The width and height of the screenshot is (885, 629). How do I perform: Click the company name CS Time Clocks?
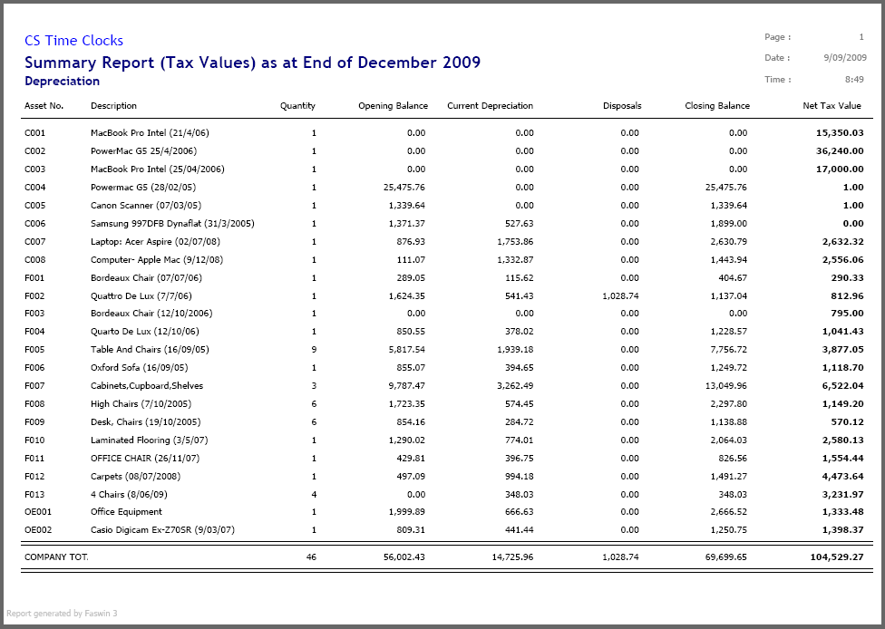[x=74, y=41]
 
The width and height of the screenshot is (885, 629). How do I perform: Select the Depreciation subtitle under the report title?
[x=62, y=82]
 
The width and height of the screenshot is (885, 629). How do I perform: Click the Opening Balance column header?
[x=393, y=105]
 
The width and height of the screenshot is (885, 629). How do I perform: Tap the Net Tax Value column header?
[x=832, y=105]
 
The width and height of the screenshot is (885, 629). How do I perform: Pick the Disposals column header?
[x=622, y=105]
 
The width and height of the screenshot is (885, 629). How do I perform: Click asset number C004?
[x=35, y=188]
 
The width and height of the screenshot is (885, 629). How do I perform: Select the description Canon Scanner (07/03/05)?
[x=146, y=206]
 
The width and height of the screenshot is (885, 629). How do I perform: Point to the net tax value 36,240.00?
[x=840, y=151]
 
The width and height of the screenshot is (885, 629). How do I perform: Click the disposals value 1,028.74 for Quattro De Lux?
[x=620, y=296]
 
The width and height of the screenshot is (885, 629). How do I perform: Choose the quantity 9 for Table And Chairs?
[x=314, y=350]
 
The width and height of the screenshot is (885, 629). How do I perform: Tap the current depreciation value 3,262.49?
[x=515, y=386]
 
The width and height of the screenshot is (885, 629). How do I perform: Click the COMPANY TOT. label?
[x=56, y=556]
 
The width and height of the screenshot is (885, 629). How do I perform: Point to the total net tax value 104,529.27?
[x=837, y=556]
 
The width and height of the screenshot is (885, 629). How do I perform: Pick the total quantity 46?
[x=312, y=556]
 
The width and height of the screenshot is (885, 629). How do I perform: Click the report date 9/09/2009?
[x=845, y=57]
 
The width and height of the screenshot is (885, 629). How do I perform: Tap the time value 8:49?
[x=854, y=80]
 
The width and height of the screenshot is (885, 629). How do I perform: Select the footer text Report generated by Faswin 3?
[x=62, y=614]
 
